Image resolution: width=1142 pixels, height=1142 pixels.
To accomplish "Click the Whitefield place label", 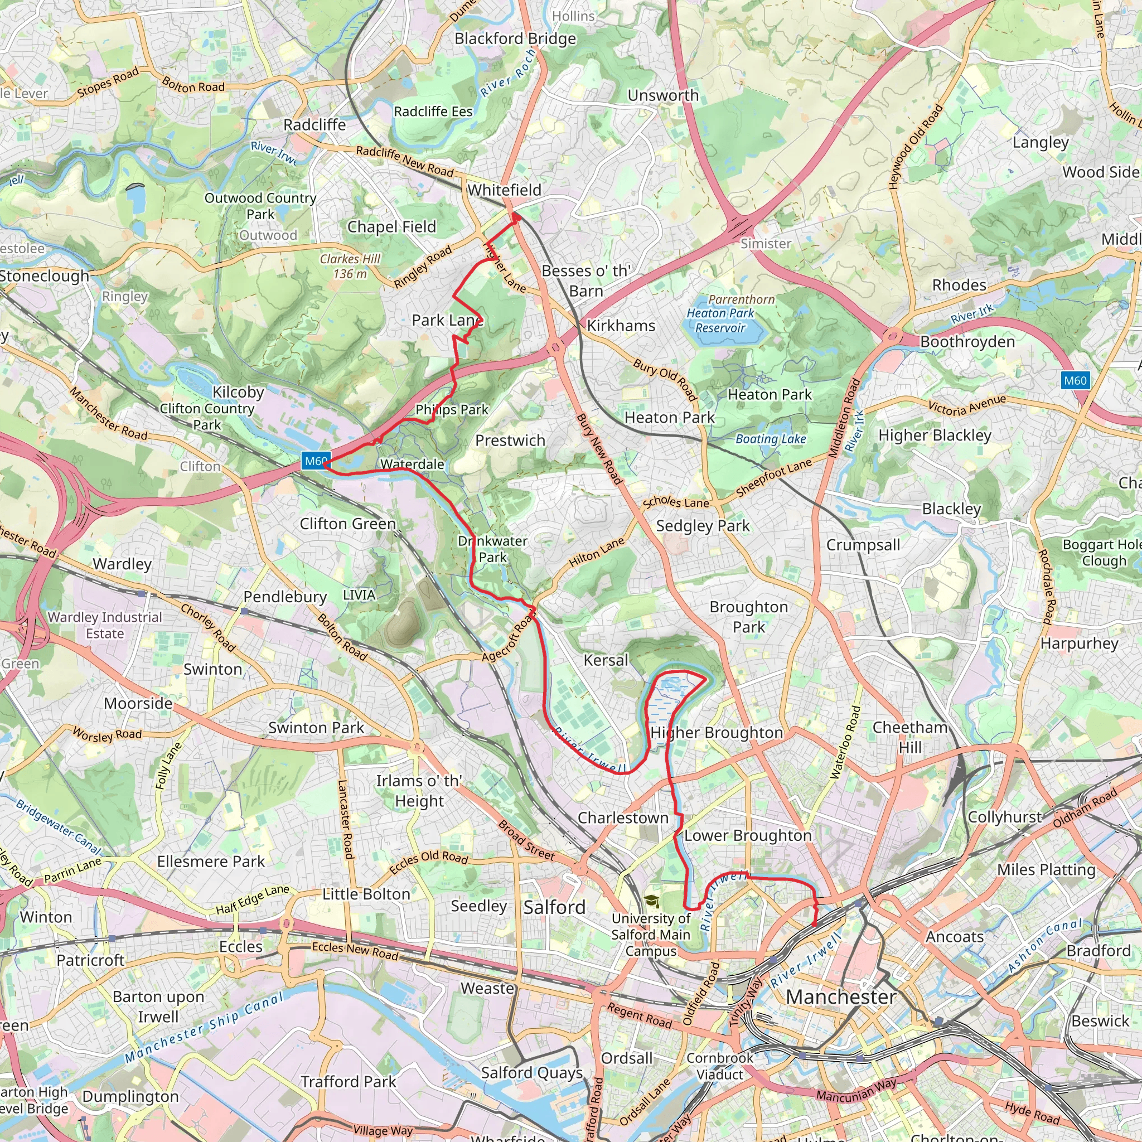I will (x=504, y=190).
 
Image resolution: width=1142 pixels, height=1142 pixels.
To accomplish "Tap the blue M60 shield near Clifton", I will (x=315, y=461).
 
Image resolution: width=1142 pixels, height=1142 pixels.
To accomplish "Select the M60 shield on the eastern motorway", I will (x=1075, y=381).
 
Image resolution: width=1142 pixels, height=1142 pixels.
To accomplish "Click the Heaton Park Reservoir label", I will (x=720, y=314).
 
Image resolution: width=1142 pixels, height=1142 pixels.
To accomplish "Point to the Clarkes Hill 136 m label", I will (x=350, y=266).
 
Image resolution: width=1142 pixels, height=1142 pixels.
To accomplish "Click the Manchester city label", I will (x=840, y=996).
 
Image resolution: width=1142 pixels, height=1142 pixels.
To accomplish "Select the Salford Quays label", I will (x=531, y=1073).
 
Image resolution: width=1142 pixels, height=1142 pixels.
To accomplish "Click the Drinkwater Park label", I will (x=492, y=549).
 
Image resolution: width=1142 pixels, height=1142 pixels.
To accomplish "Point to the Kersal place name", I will (x=606, y=660).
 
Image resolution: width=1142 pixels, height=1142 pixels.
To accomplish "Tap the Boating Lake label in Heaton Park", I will (x=770, y=439).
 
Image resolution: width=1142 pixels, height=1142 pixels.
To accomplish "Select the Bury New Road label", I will (x=599, y=450).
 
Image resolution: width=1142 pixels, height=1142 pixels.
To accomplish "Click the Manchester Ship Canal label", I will (x=204, y=1027).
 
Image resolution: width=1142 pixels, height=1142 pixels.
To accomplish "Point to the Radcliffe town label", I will (x=314, y=125).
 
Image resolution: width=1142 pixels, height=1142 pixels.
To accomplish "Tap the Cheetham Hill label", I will (x=909, y=737).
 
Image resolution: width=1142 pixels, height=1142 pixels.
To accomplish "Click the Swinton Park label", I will (x=316, y=728).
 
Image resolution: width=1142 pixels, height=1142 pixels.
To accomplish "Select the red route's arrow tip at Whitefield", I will (x=516, y=217).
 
